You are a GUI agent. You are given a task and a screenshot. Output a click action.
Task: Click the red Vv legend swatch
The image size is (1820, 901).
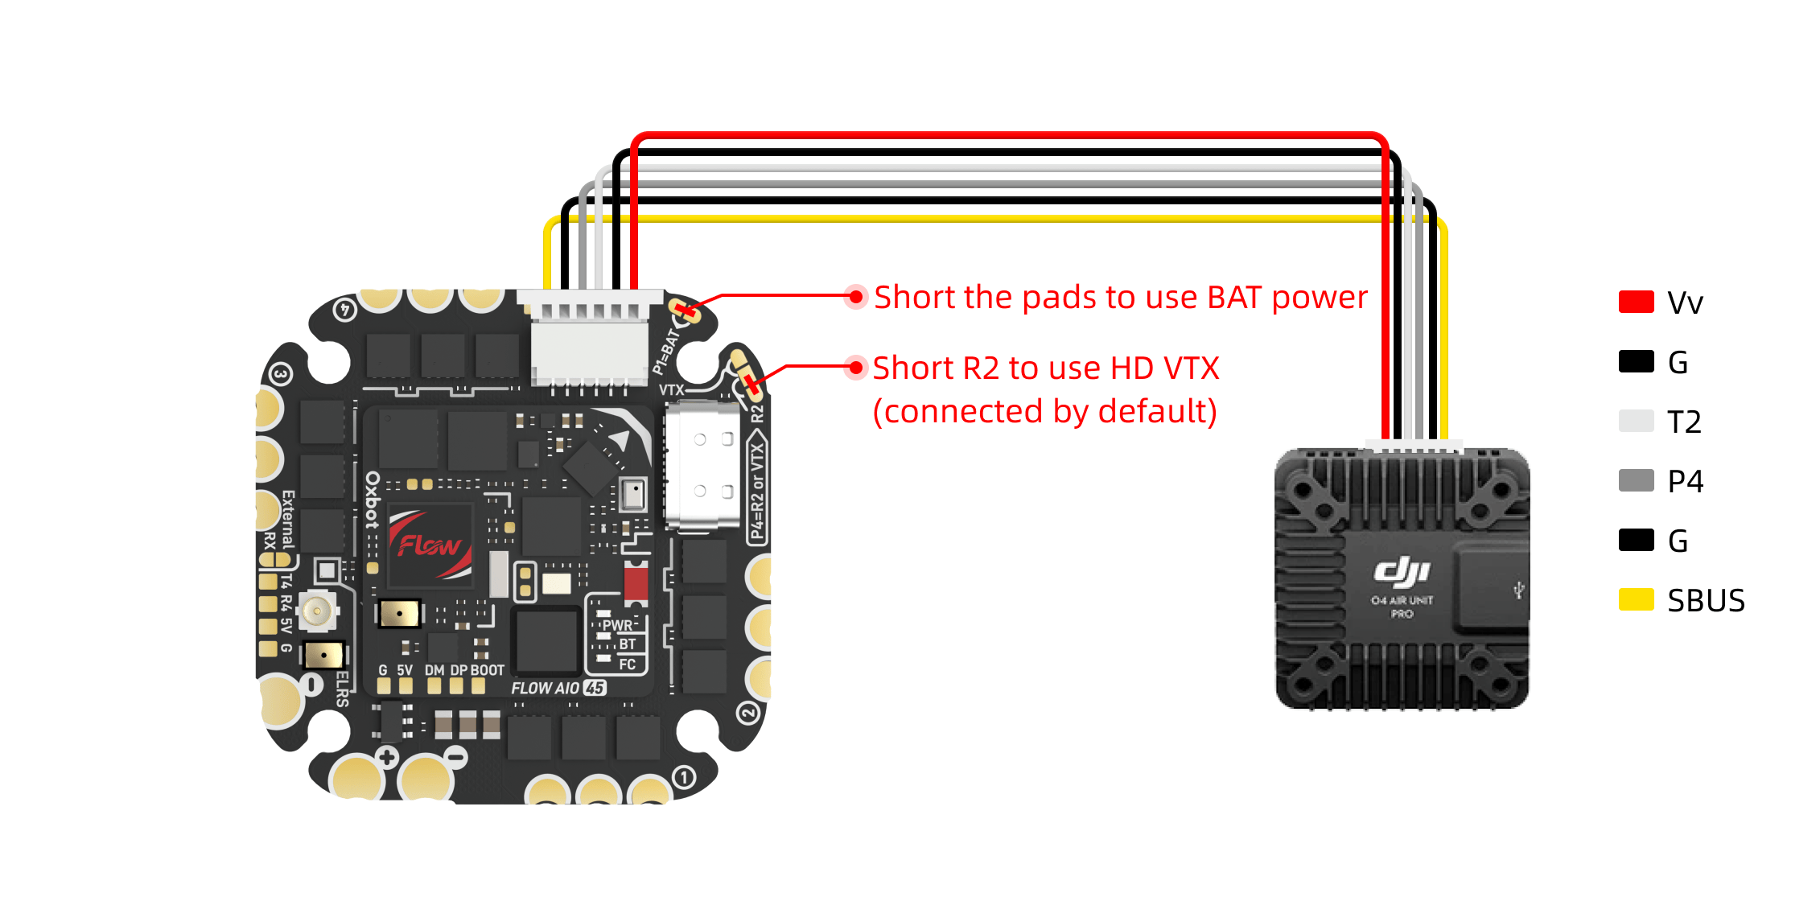point(1636,302)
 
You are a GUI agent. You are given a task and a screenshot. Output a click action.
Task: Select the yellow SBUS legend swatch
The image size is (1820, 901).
point(1636,600)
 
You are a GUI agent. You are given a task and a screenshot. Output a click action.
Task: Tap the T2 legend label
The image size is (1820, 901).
point(1684,422)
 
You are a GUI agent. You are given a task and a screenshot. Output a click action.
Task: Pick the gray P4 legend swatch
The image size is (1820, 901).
point(1636,481)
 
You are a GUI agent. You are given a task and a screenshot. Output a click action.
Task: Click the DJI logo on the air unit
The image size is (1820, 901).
point(1402,571)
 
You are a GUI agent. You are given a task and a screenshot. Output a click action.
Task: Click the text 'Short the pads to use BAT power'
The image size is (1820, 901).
point(1120,298)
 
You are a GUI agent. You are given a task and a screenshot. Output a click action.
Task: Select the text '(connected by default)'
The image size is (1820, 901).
point(1044,412)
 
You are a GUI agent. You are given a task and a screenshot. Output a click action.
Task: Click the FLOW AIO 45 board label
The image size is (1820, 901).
point(558,689)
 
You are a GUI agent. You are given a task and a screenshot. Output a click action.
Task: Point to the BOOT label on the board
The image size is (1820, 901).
point(487,670)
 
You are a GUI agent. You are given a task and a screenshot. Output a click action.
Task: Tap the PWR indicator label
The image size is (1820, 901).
point(617,625)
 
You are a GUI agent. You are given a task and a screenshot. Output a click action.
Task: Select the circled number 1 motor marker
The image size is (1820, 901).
point(684,778)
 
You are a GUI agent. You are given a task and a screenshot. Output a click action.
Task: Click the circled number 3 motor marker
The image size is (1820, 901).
point(280,374)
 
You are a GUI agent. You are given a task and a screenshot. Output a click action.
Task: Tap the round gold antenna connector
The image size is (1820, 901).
point(317,611)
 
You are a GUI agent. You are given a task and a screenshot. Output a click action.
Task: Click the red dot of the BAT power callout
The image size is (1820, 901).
point(856,297)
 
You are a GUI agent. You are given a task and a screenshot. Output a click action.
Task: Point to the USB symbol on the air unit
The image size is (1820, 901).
point(1518,591)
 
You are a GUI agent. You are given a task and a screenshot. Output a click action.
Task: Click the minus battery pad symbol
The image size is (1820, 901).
point(456,757)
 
